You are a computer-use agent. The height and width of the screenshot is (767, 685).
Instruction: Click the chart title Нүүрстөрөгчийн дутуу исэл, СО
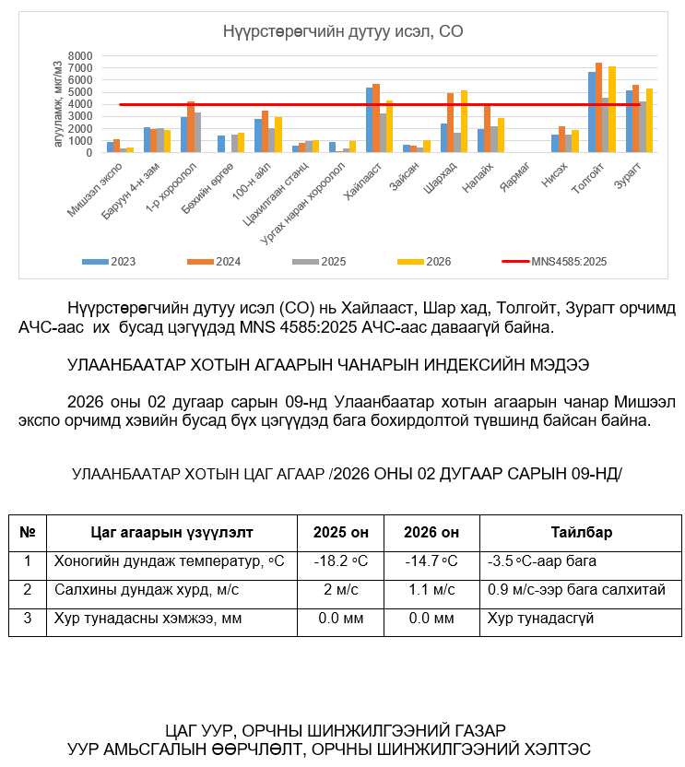(x=342, y=32)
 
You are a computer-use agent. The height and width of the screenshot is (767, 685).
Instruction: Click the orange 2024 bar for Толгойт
(x=598, y=108)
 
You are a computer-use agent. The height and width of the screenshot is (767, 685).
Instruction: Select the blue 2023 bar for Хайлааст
(x=370, y=120)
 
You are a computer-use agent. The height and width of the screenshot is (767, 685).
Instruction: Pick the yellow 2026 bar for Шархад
(x=464, y=121)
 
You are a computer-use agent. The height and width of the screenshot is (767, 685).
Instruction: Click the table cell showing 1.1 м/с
(x=431, y=590)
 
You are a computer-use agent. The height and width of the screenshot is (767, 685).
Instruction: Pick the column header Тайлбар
(x=581, y=533)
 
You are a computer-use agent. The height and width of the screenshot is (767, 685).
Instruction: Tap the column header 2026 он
(x=431, y=533)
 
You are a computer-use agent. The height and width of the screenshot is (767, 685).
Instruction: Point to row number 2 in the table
(x=28, y=590)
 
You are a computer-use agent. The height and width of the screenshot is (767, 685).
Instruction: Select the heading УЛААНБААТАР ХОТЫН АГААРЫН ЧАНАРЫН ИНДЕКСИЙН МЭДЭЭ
(x=328, y=365)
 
